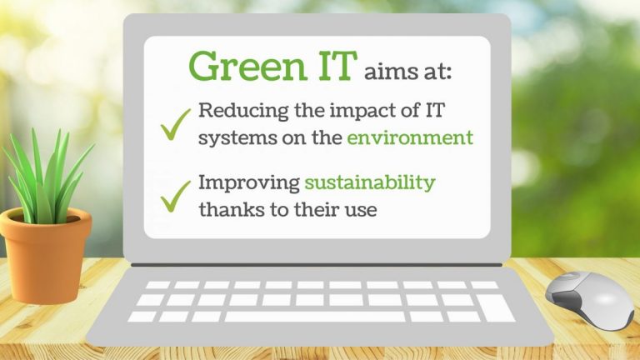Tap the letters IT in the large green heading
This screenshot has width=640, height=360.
tap(332, 67)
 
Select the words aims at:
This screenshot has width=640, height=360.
tap(407, 72)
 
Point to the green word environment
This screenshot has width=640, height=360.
tap(410, 137)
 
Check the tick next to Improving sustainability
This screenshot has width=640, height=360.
tap(176, 197)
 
